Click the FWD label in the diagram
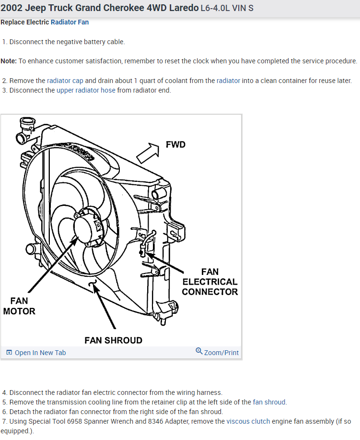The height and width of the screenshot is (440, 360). [x=175, y=144]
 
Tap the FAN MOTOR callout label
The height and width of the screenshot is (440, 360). [x=19, y=306]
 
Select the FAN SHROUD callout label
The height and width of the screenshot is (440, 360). [x=113, y=340]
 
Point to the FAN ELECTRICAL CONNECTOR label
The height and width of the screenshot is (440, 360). [x=210, y=282]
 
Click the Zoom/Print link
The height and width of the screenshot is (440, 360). [x=221, y=353]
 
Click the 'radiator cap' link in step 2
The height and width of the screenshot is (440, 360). [x=65, y=81]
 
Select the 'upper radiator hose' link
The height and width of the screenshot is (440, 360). [x=86, y=90]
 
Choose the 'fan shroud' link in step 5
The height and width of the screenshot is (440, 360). [x=269, y=402]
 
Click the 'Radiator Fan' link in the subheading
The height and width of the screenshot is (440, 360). [x=70, y=22]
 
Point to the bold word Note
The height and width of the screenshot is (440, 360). [x=8, y=61]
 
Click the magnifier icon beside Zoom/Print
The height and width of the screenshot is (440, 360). [x=199, y=352]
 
